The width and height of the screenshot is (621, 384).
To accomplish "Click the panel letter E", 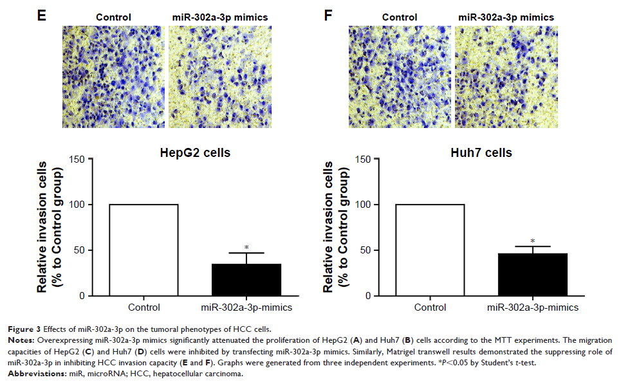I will point(41,15).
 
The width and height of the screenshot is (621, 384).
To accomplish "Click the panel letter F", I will point(328,15).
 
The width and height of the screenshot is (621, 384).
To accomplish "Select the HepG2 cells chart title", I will point(195,153).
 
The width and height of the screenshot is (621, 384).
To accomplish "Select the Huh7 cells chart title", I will point(482,153).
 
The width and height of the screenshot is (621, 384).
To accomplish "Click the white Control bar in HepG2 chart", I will point(144,250).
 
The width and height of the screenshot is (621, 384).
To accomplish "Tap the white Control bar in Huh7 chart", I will point(430,250).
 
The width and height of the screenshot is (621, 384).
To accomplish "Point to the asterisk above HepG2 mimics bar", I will point(246,248).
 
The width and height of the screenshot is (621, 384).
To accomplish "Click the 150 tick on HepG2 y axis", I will point(77,159).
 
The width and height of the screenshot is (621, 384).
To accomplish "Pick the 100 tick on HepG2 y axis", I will point(77,205).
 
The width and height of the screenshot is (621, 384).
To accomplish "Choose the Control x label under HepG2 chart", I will point(144,307).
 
